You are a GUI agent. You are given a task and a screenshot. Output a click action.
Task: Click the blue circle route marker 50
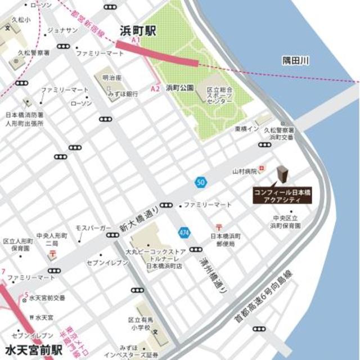click(200, 182)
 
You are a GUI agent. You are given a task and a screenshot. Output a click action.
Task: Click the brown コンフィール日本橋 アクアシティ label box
click(282, 195)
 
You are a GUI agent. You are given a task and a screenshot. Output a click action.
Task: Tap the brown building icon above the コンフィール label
click(282, 175)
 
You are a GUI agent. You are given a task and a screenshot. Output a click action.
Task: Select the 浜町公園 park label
click(179, 88)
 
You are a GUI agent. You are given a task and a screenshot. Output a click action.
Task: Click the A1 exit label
click(134, 41)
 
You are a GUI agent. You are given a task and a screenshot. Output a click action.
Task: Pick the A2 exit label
click(156, 89)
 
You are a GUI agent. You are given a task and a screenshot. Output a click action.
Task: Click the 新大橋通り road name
click(139, 218)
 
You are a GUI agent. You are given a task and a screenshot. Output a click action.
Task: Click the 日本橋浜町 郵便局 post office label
click(226, 241)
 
